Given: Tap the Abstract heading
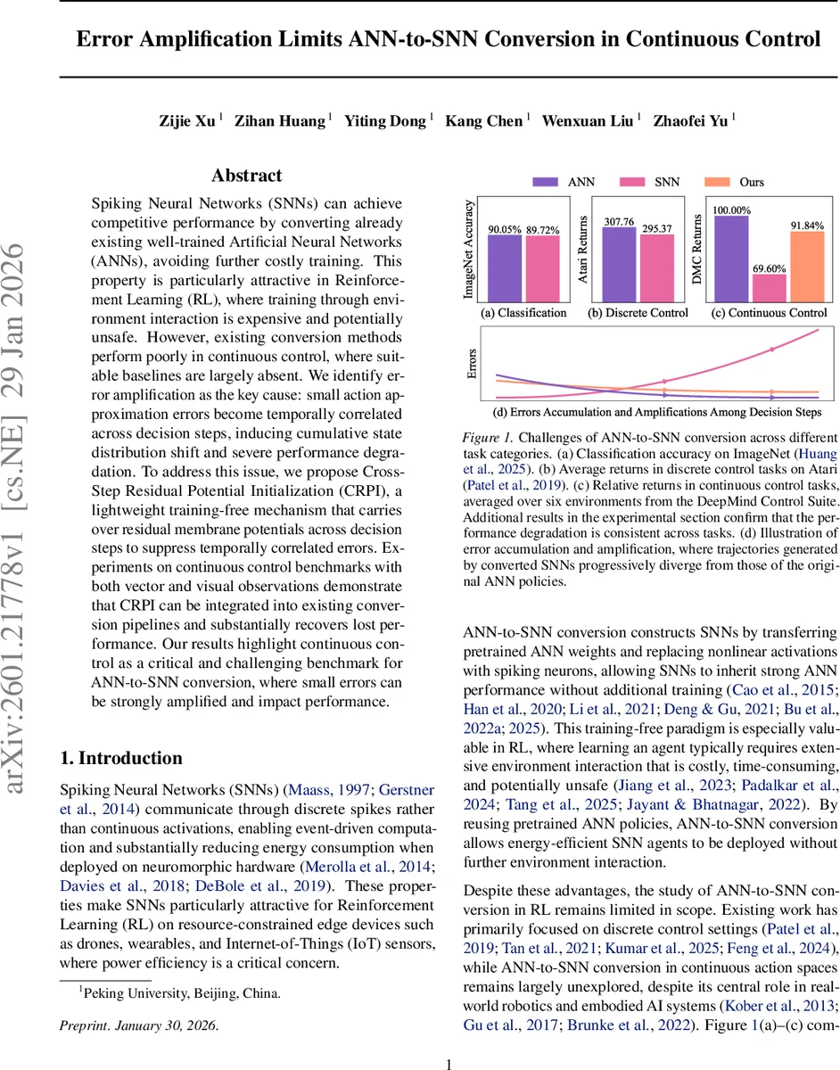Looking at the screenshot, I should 246,176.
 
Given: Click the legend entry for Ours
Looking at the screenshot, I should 751,182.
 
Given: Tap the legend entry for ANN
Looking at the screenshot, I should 581,182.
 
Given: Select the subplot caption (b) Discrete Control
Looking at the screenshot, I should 638,313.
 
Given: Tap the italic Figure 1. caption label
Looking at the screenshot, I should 487,438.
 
